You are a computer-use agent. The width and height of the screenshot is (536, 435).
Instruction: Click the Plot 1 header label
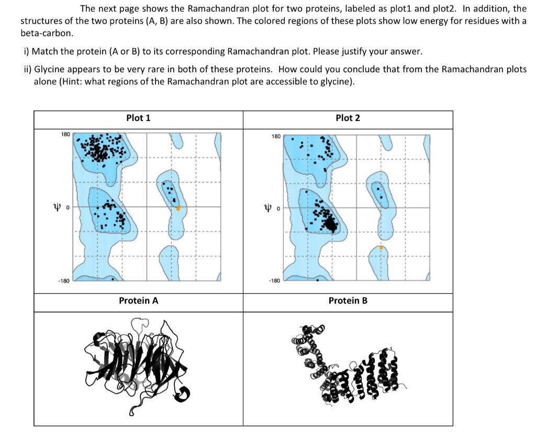[x=138, y=118]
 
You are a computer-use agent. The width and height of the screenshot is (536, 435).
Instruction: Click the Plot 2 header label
[x=348, y=118]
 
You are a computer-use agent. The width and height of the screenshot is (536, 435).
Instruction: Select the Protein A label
[x=138, y=301]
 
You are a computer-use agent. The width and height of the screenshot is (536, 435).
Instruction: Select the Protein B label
[x=348, y=301]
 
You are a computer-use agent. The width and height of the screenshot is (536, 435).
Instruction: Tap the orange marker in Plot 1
[x=178, y=208]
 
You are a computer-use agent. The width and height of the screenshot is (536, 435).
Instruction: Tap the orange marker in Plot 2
[x=381, y=247]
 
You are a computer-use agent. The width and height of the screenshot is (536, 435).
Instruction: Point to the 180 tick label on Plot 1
[x=65, y=135]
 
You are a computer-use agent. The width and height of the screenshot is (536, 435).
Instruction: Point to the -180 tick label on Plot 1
[x=64, y=281]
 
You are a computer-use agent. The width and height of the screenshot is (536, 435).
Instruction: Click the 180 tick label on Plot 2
[x=275, y=137]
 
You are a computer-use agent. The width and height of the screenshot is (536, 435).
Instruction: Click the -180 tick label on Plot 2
[x=274, y=281]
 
